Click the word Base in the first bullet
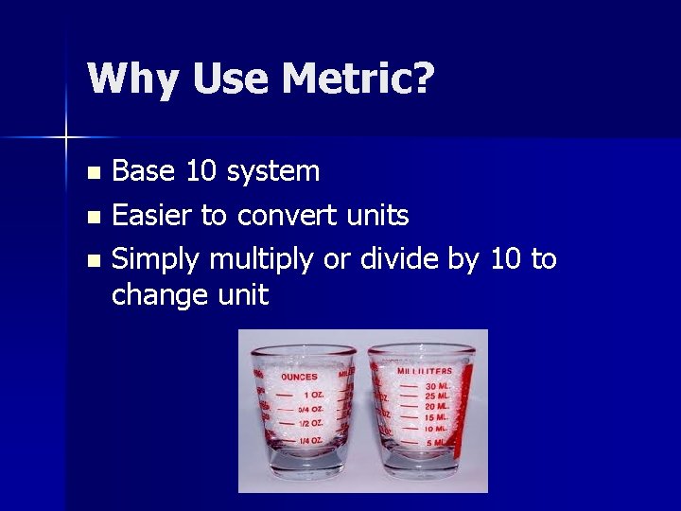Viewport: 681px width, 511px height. [145, 171]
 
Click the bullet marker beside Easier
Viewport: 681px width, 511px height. [92, 217]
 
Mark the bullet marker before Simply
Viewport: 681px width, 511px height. [92, 259]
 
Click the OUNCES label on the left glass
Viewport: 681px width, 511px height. [299, 377]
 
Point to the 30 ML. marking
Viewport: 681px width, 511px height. [437, 386]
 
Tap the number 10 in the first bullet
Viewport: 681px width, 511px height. [200, 171]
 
